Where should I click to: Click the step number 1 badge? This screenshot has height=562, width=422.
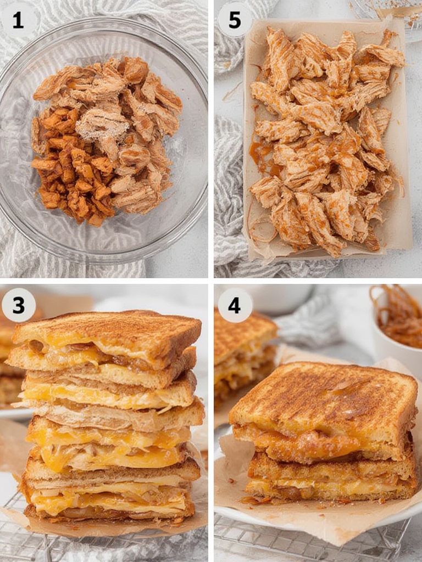pos(18,20)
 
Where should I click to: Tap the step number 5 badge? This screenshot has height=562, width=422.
pos(235,20)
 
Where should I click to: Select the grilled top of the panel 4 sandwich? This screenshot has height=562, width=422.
pos(324,395)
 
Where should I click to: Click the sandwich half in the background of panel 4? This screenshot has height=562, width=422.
pos(242,351)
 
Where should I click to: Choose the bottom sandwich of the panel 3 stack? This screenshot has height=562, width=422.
pos(110,494)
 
